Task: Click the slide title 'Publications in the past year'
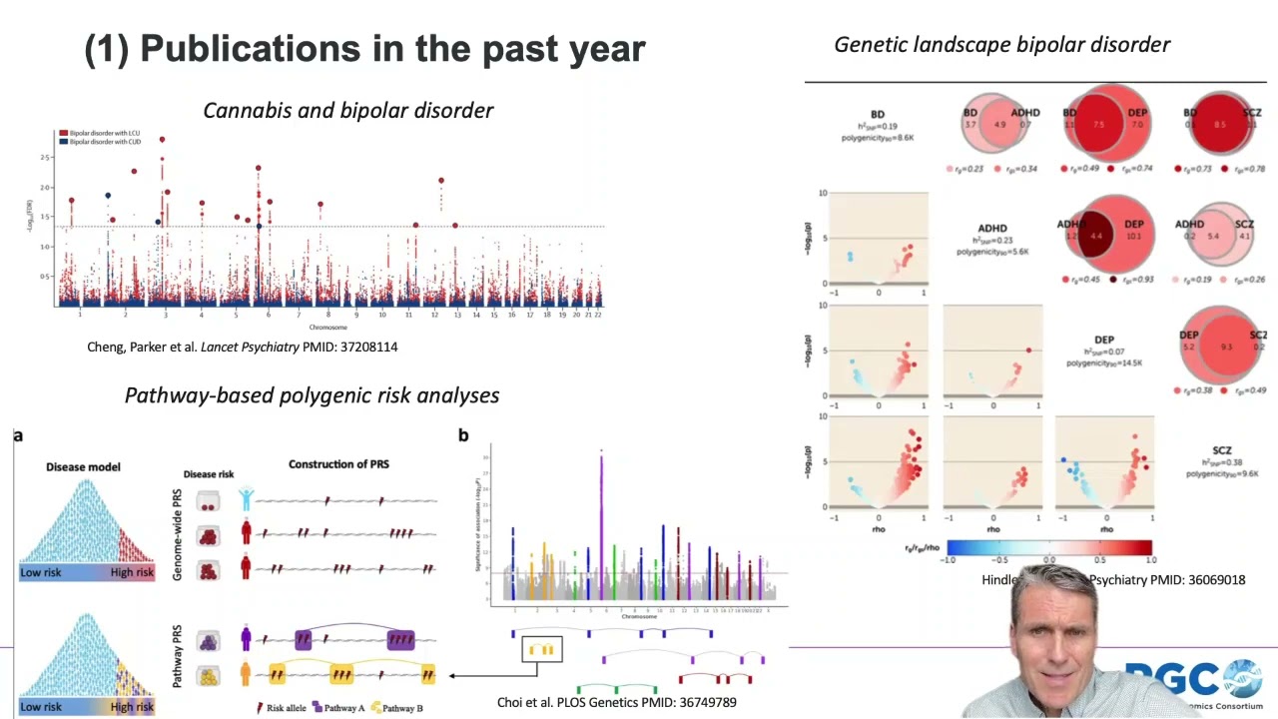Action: pos(365,48)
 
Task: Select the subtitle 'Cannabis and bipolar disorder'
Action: pos(347,110)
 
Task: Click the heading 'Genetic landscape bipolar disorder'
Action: pos(1001,44)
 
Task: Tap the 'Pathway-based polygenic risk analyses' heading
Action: pos(312,394)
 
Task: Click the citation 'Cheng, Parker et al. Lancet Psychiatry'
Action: pos(243,347)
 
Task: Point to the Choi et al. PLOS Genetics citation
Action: pos(616,702)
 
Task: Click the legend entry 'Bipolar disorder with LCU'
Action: pos(102,133)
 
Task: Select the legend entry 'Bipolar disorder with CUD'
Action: pos(102,142)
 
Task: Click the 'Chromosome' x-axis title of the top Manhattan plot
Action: pos(327,328)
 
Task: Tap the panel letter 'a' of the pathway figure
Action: pos(18,435)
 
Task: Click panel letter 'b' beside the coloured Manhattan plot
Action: pos(463,435)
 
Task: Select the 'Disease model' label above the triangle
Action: pos(83,466)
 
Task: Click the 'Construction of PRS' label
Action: pos(338,463)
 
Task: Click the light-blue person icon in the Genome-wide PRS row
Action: pos(246,498)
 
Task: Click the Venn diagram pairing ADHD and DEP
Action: pos(1104,236)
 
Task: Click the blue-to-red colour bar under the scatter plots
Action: pos(1048,547)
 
